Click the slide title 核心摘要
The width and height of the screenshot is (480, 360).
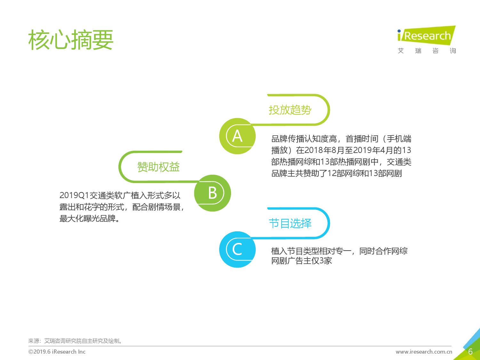[x=71, y=40]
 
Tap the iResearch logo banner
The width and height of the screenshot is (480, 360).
[x=426, y=36]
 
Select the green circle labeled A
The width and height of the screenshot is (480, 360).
[x=237, y=136]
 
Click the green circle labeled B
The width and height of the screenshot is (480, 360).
[x=212, y=193]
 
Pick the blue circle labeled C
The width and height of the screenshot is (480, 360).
[x=237, y=249]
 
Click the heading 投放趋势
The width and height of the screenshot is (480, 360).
[x=290, y=110]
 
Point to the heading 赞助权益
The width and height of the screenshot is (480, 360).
[x=158, y=167]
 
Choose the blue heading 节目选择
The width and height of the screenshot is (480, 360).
[x=290, y=223]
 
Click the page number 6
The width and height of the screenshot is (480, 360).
[x=470, y=352]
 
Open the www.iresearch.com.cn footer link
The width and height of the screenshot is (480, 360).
[x=424, y=352]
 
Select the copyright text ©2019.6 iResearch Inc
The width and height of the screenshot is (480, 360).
[x=57, y=352]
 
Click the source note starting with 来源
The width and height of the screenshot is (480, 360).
[x=75, y=341]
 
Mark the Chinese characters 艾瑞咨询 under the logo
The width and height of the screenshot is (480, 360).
[x=427, y=51]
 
